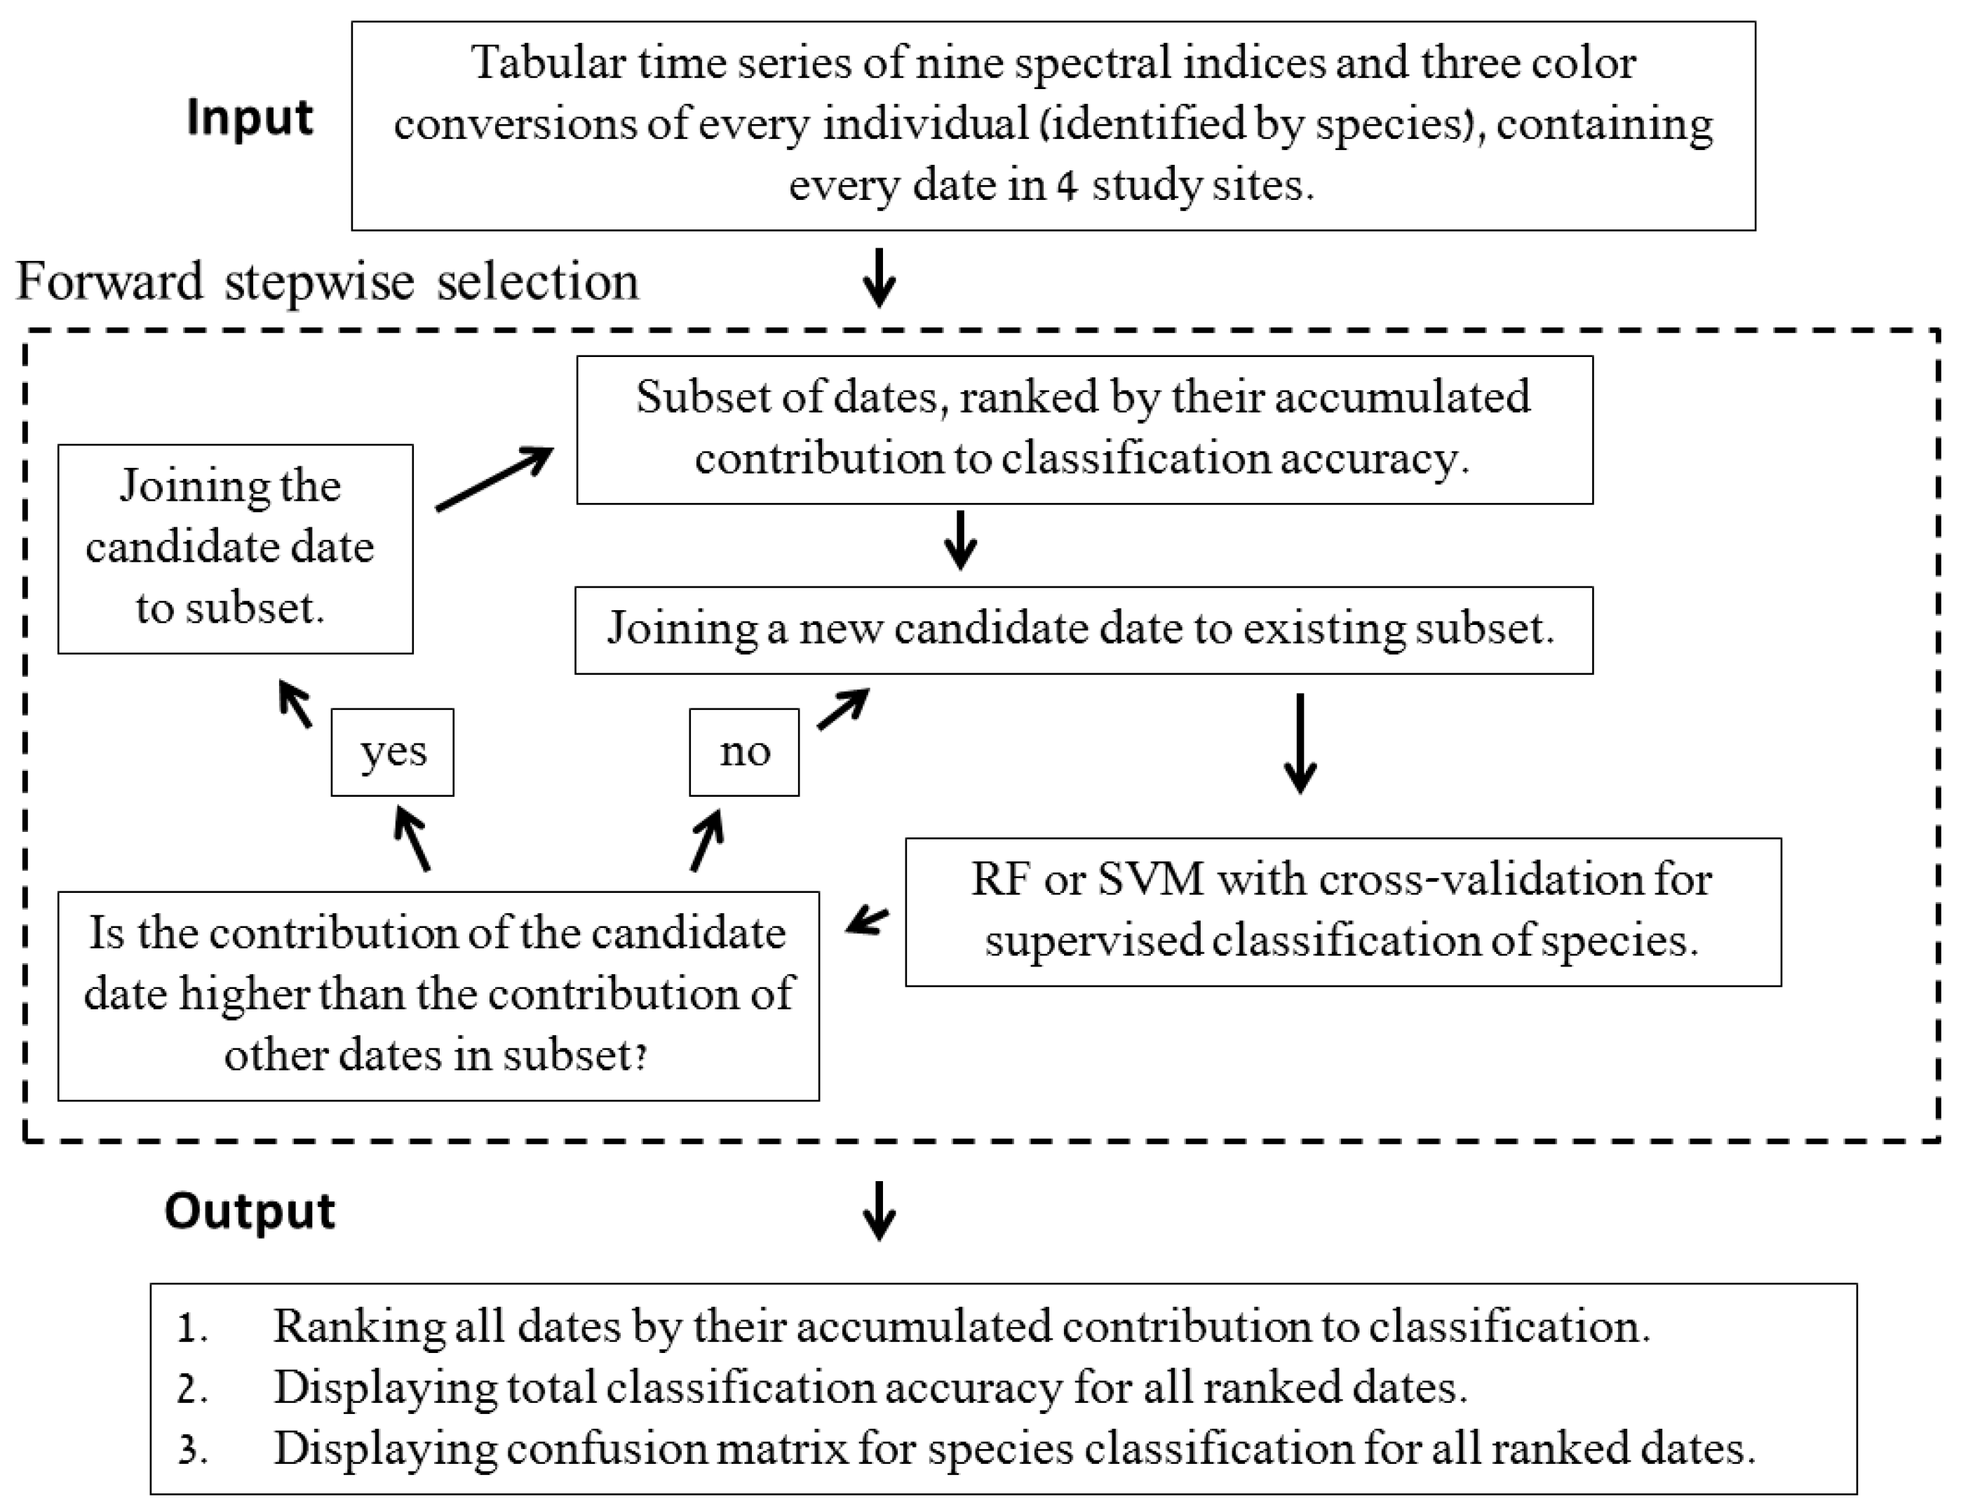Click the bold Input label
click(250, 118)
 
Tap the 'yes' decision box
click(392, 752)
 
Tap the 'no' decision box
click(744, 752)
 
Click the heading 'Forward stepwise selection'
click(328, 281)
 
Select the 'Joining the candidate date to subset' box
click(235, 548)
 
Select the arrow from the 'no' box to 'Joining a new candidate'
click(843, 709)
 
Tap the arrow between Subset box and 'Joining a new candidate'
click(960, 540)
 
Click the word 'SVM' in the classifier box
click(1150, 879)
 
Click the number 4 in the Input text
click(1066, 187)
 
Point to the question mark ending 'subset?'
click(641, 1056)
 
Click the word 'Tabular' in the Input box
click(548, 64)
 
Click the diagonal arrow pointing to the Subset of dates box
click(494, 479)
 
